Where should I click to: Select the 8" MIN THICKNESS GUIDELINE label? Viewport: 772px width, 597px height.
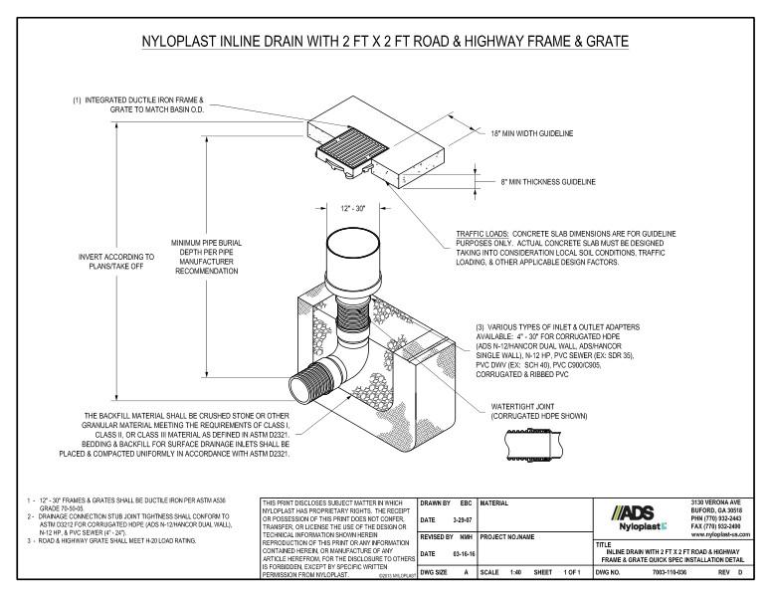pyautogui.click(x=547, y=182)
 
